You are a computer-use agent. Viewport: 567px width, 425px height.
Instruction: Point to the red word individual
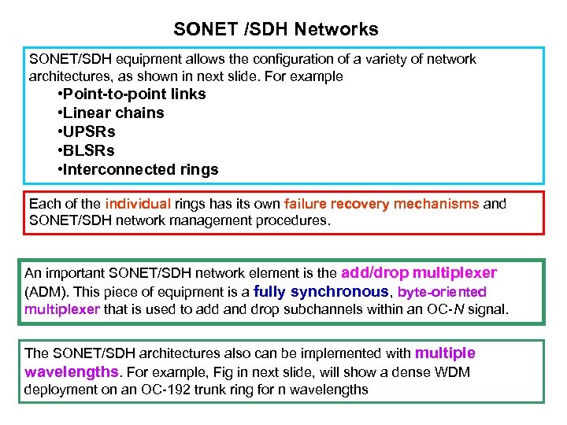click(x=138, y=204)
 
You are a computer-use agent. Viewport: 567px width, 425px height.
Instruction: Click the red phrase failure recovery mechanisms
click(x=381, y=204)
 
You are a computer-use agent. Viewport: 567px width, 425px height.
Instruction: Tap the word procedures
click(x=299, y=220)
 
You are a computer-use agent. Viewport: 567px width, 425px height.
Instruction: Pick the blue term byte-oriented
click(x=443, y=292)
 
